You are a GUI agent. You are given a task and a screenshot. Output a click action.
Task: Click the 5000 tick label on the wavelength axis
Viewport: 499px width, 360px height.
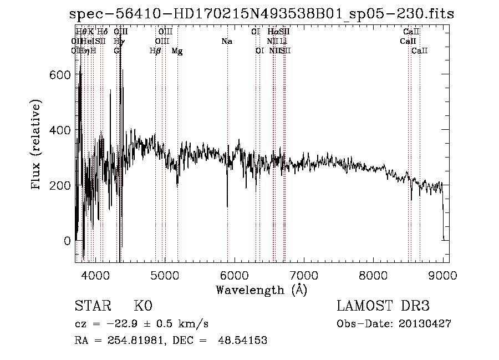(165, 274)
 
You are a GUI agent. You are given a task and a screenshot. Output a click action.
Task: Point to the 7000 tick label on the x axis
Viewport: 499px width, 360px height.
(304, 274)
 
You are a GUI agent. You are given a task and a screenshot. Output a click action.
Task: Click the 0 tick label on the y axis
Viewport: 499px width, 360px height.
(67, 241)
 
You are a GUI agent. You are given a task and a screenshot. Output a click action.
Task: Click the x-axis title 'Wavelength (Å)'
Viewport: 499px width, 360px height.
(261, 289)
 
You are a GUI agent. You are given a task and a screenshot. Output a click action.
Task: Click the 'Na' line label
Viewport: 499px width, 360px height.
(226, 41)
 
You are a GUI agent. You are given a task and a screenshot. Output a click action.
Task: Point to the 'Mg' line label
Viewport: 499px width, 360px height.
(177, 51)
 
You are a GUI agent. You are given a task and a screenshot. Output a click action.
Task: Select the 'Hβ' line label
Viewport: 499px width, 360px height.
(155, 51)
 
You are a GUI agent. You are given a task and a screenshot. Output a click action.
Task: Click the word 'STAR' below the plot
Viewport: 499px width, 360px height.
(92, 306)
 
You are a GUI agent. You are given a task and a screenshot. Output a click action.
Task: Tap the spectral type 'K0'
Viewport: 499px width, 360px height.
(143, 306)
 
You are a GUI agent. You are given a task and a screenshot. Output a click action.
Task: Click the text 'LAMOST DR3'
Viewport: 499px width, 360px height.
(383, 306)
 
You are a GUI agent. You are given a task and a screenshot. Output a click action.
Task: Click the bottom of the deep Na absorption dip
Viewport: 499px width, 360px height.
(227, 206)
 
